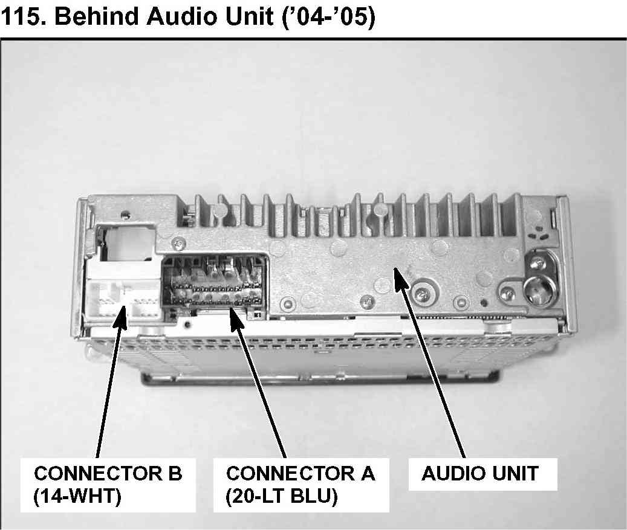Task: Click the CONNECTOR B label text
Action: (108, 473)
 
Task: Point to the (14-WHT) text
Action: (77, 497)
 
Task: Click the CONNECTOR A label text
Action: (300, 473)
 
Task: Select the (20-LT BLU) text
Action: (281, 497)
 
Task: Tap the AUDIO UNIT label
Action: (479, 473)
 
